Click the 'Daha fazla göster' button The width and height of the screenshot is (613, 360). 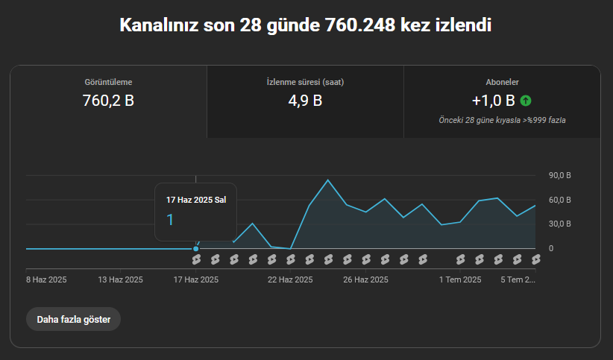[74, 319]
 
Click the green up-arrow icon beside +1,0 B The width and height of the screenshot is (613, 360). [526, 101]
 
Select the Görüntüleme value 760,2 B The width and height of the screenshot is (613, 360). [108, 101]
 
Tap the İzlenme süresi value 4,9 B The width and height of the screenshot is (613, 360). [305, 101]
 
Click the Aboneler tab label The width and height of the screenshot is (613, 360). [502, 82]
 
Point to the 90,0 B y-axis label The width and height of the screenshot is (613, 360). [560, 175]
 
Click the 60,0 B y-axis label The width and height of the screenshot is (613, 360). [560, 200]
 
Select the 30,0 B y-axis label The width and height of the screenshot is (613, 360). [560, 224]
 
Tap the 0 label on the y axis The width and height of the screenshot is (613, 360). [551, 248]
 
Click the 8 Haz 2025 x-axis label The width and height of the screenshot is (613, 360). [46, 280]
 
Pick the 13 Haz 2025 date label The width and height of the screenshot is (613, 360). [120, 280]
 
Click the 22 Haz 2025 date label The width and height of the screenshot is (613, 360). [290, 280]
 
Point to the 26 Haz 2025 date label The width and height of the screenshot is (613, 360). [365, 280]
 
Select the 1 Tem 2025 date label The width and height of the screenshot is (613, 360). [460, 280]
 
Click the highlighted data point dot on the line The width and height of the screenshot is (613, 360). [196, 249]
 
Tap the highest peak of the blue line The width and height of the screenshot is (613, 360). [327, 180]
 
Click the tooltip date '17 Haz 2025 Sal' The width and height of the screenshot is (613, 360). [196, 200]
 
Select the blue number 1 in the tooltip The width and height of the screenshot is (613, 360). [170, 220]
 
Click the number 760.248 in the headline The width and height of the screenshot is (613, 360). [360, 25]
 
